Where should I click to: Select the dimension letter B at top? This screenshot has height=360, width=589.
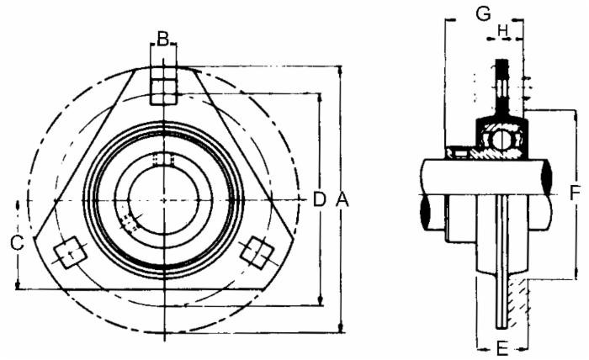click(163, 38)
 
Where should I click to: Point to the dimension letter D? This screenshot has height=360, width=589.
click(319, 199)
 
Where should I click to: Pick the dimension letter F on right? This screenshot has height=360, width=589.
click(574, 193)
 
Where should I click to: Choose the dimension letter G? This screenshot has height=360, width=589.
click(483, 13)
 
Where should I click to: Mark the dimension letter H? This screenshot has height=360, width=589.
click(503, 31)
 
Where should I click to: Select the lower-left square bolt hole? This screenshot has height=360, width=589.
click(69, 252)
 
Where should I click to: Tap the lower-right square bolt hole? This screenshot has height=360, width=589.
click(256, 251)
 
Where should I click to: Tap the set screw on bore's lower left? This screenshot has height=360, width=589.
click(129, 222)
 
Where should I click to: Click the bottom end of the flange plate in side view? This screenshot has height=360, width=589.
click(501, 326)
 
